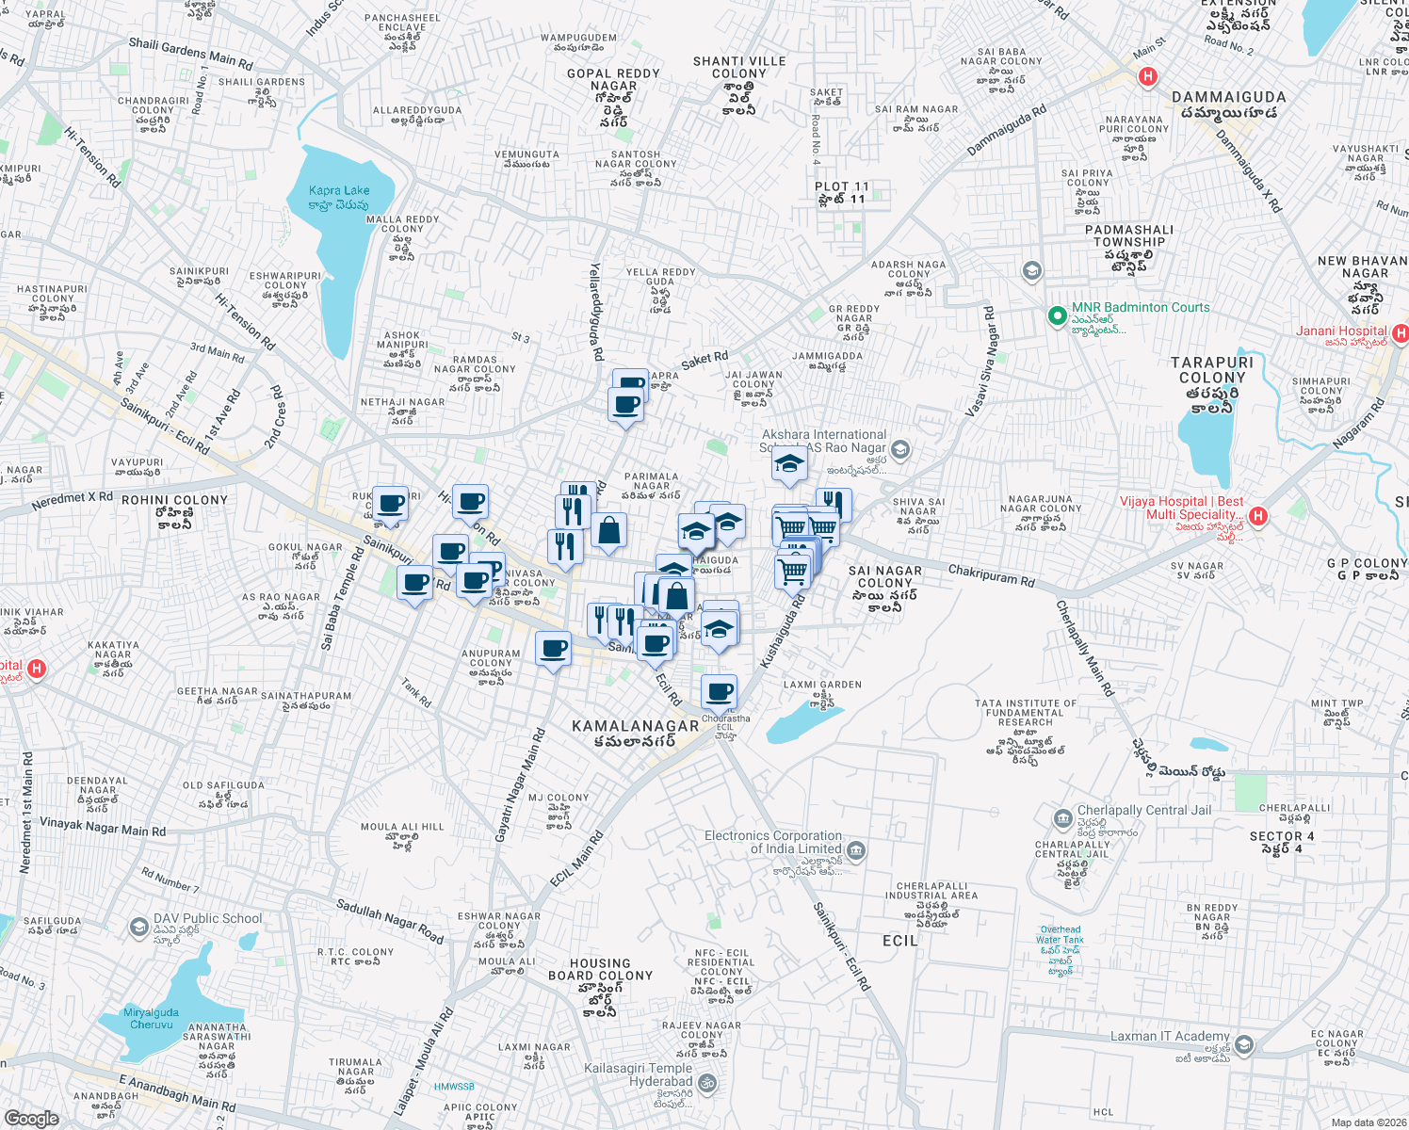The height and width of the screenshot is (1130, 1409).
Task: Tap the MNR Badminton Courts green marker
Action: click(1057, 315)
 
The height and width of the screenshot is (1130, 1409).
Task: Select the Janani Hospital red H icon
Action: click(1400, 332)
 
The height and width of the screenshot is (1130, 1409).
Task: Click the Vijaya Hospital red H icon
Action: click(1258, 515)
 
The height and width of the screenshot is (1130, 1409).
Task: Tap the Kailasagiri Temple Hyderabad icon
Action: click(707, 1083)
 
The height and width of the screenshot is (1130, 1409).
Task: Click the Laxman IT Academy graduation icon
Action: click(1244, 1044)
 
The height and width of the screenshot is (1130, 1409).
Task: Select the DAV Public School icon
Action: click(140, 925)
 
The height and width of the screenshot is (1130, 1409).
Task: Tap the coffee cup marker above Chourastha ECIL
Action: click(720, 692)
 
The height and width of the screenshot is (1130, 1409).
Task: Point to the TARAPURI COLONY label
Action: click(1212, 370)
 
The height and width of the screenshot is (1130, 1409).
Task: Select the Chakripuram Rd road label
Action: click(991, 574)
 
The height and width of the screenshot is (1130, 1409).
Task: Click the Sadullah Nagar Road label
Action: click(389, 921)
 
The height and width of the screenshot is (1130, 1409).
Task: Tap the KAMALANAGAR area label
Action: click(636, 726)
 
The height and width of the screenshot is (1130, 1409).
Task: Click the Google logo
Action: click(31, 1118)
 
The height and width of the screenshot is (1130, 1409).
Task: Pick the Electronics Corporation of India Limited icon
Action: click(856, 850)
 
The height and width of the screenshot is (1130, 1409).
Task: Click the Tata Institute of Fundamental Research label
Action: click(1025, 714)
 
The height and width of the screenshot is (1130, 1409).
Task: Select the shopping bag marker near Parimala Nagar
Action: click(609, 531)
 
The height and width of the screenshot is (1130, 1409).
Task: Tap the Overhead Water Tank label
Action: click(1061, 934)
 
